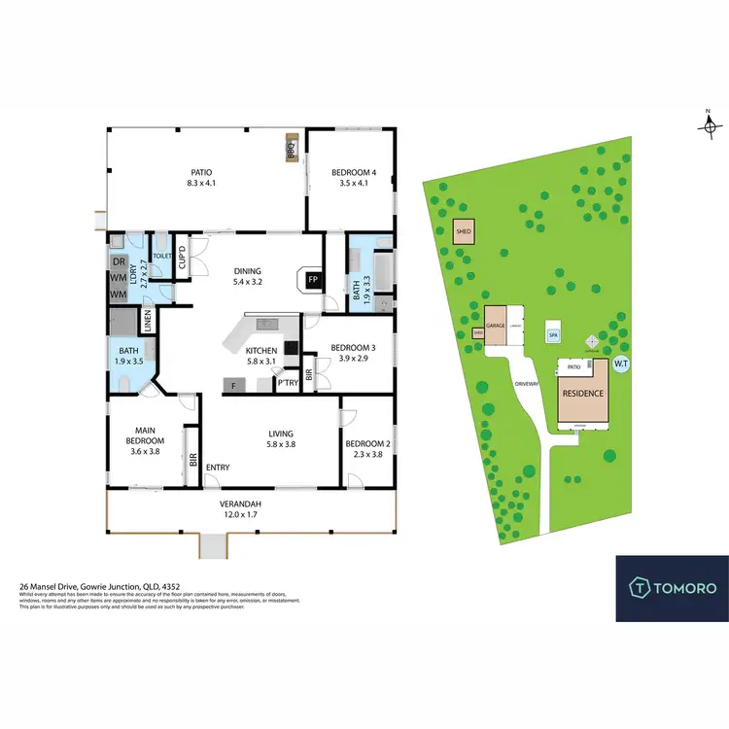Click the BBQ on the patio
pyautogui.click(x=290, y=150)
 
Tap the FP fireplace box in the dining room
pyautogui.click(x=313, y=280)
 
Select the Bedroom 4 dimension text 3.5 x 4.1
pyautogui.click(x=356, y=183)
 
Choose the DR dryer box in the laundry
pyautogui.click(x=119, y=262)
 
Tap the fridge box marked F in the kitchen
pyautogui.click(x=233, y=386)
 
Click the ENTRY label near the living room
pyautogui.click(x=218, y=468)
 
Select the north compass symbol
pyautogui.click(x=710, y=124)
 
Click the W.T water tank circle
pyautogui.click(x=620, y=364)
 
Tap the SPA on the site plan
pyautogui.click(x=553, y=333)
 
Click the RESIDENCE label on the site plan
pyautogui.click(x=582, y=394)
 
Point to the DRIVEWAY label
pyautogui.click(x=527, y=383)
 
